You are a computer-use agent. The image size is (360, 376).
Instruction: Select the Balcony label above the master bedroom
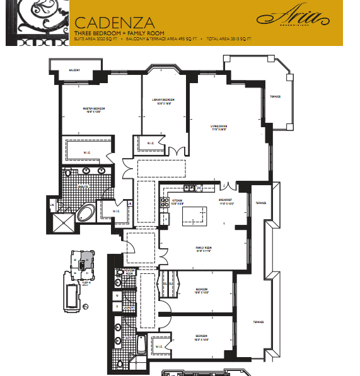pyautogui.click(x=74, y=70)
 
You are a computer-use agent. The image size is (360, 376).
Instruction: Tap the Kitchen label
pyautogui.click(x=177, y=202)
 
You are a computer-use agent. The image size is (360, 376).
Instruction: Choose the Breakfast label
pyautogui.click(x=226, y=202)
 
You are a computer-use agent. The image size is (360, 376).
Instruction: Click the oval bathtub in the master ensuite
pyautogui.click(x=88, y=212)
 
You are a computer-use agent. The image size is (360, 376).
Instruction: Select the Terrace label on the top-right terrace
pyautogui.click(x=276, y=96)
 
